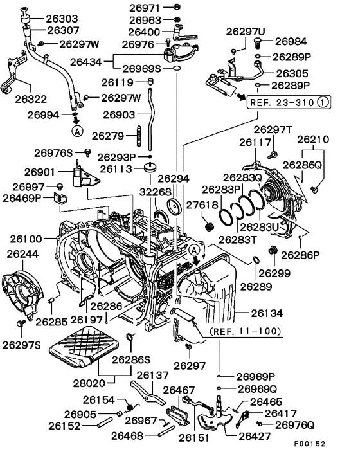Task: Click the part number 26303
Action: pos(62,19)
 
